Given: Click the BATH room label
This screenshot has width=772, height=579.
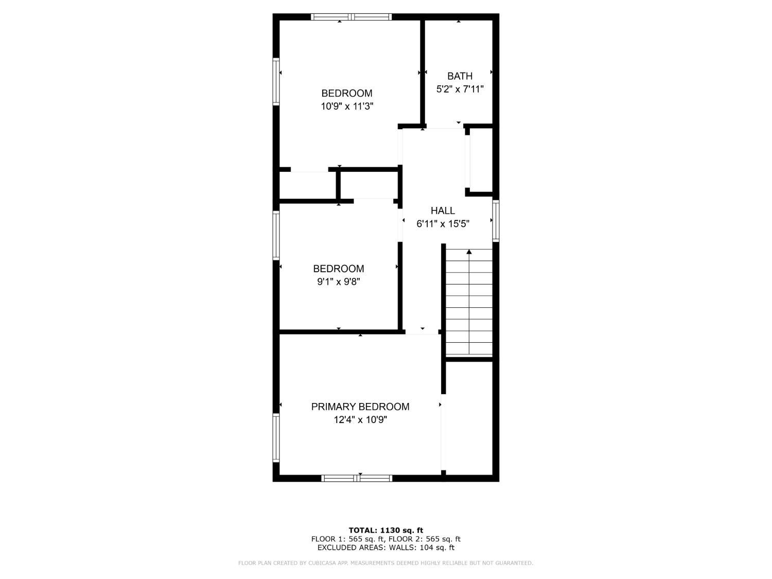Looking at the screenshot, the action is [460, 76].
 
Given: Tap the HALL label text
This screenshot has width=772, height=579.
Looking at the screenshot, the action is [443, 210].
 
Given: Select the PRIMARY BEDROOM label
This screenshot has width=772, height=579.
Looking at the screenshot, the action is [360, 407].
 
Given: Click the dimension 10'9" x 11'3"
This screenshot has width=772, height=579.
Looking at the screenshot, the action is [347, 106].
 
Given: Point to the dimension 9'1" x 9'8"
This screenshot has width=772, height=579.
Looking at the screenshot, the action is [339, 282].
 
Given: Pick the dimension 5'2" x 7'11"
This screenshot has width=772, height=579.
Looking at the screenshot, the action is [460, 89].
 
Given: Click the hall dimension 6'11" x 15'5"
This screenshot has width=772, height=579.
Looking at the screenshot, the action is [443, 224].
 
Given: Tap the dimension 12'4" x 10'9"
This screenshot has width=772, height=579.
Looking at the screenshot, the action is [360, 420].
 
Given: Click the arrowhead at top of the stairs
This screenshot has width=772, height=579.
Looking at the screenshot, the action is [469, 252].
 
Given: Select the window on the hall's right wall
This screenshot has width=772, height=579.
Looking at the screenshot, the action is [496, 221].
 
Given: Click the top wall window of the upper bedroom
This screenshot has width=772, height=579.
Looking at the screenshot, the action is [352, 17].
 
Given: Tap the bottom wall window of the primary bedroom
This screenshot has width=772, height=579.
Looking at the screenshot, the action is [357, 478].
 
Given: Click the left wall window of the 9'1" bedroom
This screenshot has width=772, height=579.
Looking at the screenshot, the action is [276, 236].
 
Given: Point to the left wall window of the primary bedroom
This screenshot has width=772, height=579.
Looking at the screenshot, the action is [276, 437].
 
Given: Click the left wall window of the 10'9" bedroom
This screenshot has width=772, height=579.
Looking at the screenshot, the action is [276, 81].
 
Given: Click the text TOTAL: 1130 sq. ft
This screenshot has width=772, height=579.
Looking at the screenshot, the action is [386, 531].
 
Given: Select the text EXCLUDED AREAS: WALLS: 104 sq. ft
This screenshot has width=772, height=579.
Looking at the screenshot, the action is [386, 548].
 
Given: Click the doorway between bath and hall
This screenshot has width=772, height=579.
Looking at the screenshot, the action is [445, 126].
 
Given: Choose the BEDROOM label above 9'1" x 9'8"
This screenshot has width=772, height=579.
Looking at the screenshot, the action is [339, 269].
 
